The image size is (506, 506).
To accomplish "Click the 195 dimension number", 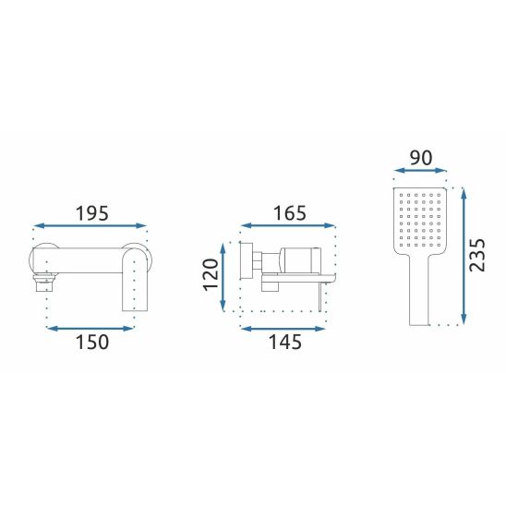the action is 92,213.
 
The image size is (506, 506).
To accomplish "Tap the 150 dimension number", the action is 92,342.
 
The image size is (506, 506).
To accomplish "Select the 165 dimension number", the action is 289,213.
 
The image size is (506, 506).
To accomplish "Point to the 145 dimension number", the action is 285,342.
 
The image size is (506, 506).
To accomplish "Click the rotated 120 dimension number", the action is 211,274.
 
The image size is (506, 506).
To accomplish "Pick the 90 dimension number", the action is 421,158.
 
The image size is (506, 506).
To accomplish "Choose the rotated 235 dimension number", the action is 477,255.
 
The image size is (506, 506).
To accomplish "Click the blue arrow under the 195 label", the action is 90,226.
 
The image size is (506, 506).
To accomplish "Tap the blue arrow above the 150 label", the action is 90,329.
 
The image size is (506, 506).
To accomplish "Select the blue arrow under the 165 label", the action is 288,225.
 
